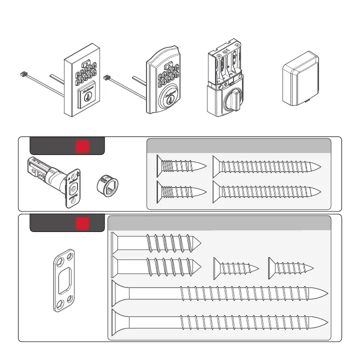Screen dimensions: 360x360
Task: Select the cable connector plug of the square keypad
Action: pyautogui.click(x=22, y=73)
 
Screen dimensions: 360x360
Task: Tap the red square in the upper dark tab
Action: pyautogui.click(x=81, y=146)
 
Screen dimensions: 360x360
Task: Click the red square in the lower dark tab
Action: pyautogui.click(x=82, y=223)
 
